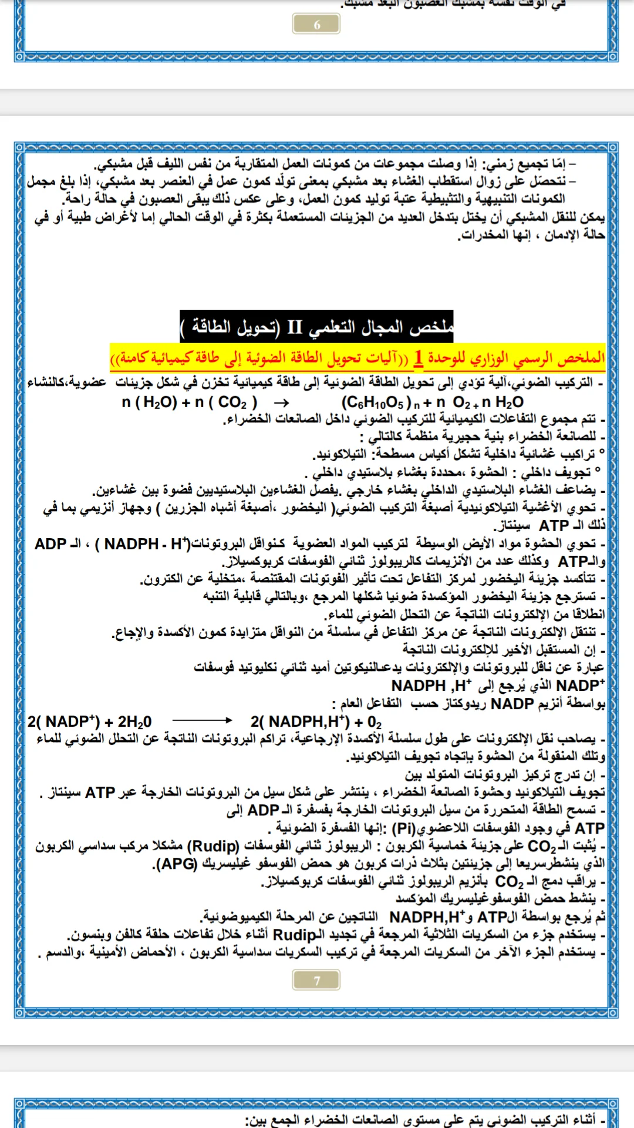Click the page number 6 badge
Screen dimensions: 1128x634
(316, 24)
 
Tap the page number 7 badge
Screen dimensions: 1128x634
(316, 980)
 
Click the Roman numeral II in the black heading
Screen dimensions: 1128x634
(295, 327)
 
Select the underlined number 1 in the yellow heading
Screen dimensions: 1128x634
(418, 357)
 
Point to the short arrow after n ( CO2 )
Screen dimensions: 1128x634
(281, 403)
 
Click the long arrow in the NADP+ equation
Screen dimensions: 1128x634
(202, 720)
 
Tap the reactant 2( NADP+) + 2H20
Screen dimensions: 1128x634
(89, 721)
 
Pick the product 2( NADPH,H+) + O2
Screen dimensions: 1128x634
(316, 721)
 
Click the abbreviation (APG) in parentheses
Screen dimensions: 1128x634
(175, 864)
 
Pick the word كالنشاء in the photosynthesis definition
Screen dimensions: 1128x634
(48, 382)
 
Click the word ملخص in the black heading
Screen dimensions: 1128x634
(431, 327)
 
